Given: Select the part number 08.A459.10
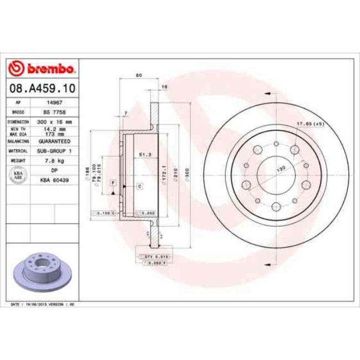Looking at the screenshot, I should coord(42,88).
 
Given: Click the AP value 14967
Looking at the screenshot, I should coord(54,102).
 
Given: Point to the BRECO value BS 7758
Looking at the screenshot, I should coord(54,112).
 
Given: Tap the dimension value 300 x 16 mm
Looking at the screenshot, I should coord(54,121).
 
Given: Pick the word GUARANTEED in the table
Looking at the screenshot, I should coord(54,141).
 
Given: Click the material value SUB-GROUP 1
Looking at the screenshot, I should coord(54,151).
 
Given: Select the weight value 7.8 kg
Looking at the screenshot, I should coord(54,161).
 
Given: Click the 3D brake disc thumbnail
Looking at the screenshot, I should coord(38,272).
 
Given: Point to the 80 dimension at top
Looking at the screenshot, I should coord(139,75).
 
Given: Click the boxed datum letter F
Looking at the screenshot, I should coord(112,182).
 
